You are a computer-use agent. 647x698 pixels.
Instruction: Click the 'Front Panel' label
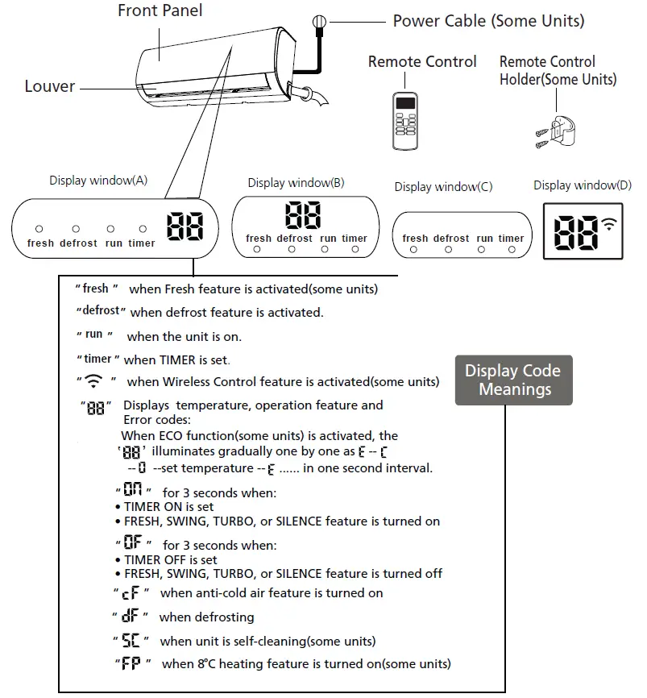[160, 10]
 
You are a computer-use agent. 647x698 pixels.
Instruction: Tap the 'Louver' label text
[50, 86]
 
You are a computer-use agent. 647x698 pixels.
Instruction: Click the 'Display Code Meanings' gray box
[513, 380]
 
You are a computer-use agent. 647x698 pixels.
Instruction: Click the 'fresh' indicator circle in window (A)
[39, 230]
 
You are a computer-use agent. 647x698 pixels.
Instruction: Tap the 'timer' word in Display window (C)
[511, 239]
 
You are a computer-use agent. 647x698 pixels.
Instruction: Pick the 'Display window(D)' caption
[583, 186]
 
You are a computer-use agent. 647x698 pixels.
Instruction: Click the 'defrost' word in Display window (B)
[294, 239]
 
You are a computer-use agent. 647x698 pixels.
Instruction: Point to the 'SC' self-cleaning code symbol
[131, 642]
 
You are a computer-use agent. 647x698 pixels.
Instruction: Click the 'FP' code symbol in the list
[131, 665]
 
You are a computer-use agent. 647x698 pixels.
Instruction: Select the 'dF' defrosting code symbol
[130, 617]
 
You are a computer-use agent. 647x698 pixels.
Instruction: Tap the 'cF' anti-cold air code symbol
[131, 594]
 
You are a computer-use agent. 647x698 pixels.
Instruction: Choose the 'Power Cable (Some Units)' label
[488, 21]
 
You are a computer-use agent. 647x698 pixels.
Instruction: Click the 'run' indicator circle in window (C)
[481, 251]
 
